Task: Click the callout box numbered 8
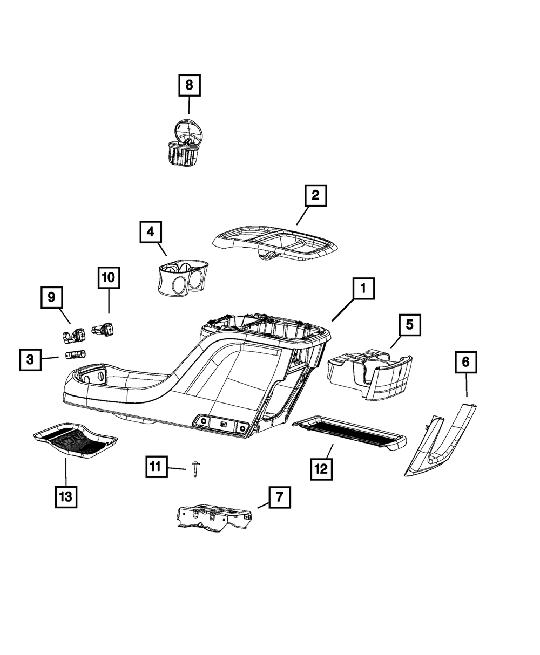[x=189, y=85]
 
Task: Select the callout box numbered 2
[x=315, y=195]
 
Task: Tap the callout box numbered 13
[x=65, y=496]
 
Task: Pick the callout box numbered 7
[x=279, y=497]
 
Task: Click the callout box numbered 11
[x=156, y=466]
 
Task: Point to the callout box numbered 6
[x=465, y=362]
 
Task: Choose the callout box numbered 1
[x=363, y=290]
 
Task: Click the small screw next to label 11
[x=194, y=470]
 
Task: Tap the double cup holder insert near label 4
[x=182, y=278]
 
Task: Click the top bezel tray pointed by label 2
[x=276, y=244]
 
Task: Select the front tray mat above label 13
[x=75, y=441]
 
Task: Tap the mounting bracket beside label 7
[x=214, y=518]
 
